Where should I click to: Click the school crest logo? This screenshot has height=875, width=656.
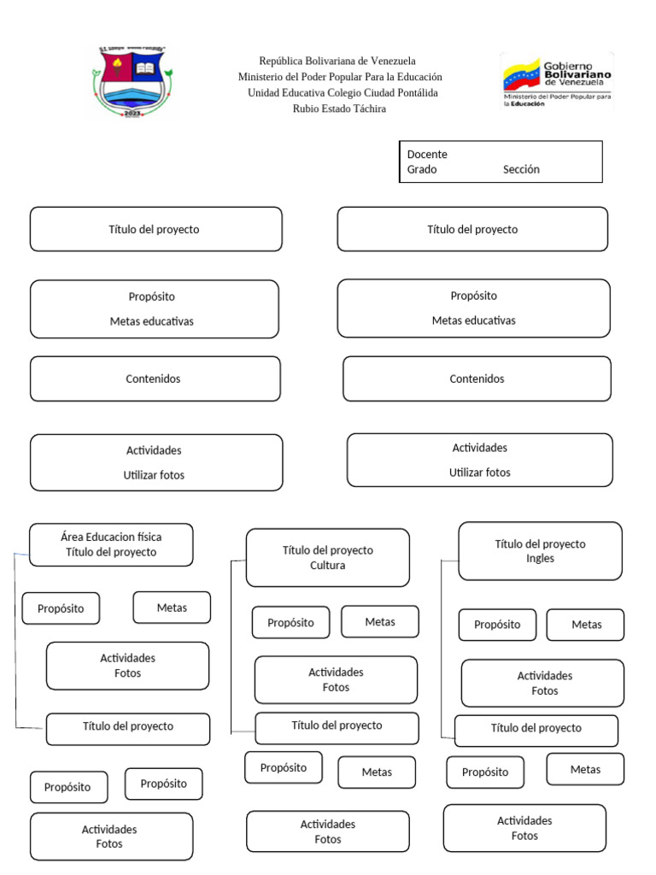pos(132,82)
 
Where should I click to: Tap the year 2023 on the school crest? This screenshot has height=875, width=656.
pos(132,113)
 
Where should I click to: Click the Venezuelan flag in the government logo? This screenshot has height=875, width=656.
pos(520,76)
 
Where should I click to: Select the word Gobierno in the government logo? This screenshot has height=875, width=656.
pos(569,66)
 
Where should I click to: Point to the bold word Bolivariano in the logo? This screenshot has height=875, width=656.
pos(577,75)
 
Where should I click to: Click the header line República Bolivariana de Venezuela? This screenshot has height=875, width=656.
pos(337,61)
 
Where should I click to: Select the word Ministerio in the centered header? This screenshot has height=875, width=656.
pos(262,77)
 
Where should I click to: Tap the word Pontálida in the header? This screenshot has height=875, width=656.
pos(416,92)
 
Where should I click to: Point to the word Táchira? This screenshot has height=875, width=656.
pos(368,109)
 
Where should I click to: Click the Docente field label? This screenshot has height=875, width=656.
pos(427,155)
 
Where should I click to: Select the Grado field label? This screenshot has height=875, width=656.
pos(422,169)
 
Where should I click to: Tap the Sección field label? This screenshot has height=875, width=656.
pos(521,169)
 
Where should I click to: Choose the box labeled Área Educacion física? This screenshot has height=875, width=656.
pos(111,544)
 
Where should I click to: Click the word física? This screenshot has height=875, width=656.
pos(147,537)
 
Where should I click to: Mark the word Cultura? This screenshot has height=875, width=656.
pos(328,565)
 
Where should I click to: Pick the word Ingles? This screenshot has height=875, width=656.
pos(540,558)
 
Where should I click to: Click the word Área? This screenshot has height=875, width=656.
pos(73,537)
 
